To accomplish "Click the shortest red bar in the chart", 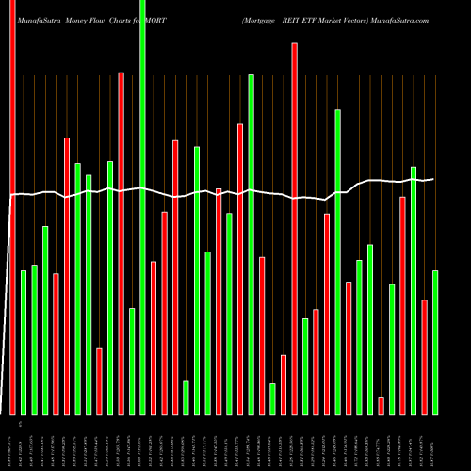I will (381, 405).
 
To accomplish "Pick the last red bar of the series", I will (424, 357).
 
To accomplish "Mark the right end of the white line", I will (433, 179).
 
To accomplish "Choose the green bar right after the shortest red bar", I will (392, 349).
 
